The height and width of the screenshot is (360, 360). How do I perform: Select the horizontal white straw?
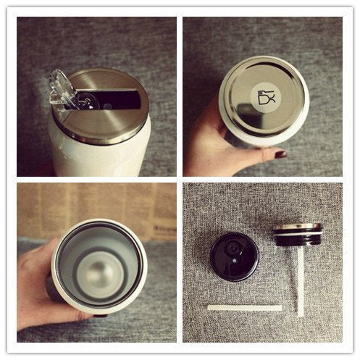point(244,308)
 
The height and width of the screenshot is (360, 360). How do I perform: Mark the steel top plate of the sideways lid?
point(297,227)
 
